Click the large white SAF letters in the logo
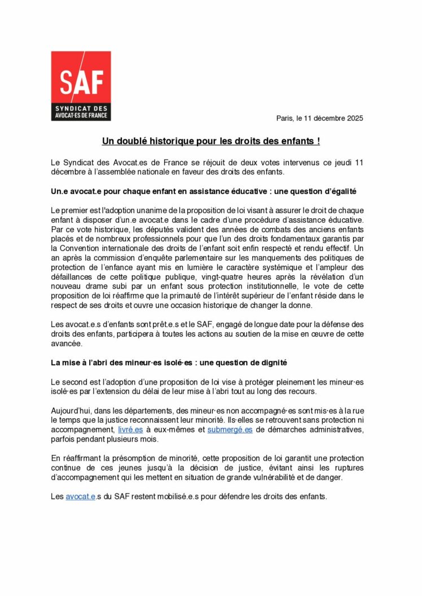81,82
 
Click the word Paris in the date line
285,118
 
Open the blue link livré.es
130,430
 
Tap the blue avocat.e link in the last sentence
81,497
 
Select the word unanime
164,210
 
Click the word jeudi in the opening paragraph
334,162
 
